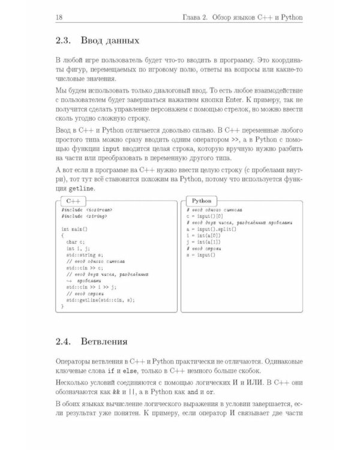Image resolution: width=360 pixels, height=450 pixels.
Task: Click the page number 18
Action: tap(58, 16)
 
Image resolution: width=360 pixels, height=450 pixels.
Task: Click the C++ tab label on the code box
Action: tap(75, 200)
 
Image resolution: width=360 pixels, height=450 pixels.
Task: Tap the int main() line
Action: tap(74, 229)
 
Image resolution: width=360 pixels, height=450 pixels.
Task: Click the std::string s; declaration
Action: tap(85, 255)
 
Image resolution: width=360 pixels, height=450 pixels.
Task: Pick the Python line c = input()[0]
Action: tap(205, 216)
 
